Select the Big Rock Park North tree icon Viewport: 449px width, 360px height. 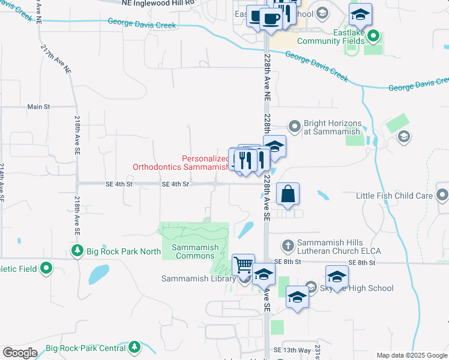click(77, 251)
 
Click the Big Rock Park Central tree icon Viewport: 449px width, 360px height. click(134, 347)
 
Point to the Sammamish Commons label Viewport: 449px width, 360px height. click(193, 251)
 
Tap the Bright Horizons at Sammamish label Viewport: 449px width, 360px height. click(331, 126)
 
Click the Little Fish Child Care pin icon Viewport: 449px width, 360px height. click(442, 195)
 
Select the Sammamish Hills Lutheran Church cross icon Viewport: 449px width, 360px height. click(288, 245)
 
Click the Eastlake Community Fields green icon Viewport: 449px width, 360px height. click(373, 37)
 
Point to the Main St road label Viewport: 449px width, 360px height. click(38, 107)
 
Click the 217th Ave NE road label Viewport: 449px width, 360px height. click(56, 59)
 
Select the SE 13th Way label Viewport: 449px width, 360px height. click(292, 350)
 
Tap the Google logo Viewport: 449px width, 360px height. click(20, 353)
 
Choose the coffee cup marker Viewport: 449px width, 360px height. click(270, 19)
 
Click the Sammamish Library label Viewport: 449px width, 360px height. click(199, 278)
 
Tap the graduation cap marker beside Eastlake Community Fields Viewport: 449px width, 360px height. click(360, 14)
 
